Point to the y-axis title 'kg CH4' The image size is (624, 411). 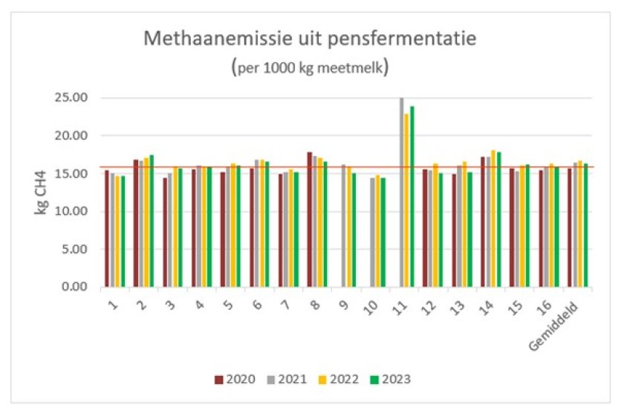42,192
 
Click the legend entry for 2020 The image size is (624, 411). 231,378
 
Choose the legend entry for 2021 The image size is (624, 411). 286,378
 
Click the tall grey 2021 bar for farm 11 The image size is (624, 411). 402,193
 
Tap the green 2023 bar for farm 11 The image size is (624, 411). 412,197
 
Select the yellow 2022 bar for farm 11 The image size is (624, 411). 407,201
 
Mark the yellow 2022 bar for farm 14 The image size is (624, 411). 493,219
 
